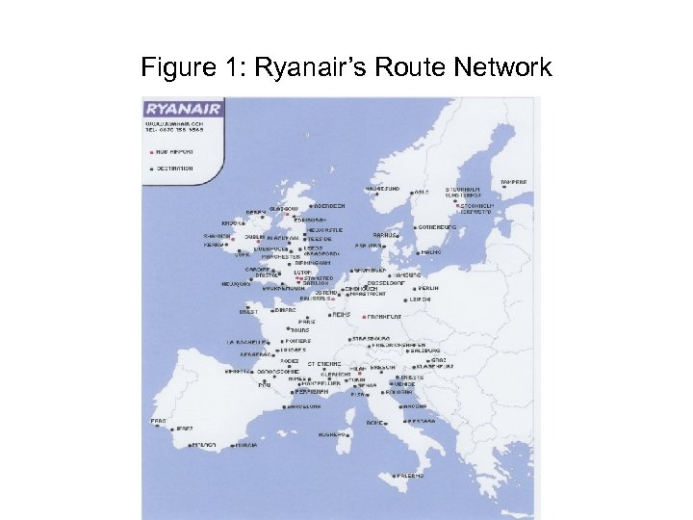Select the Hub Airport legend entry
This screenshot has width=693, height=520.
[x=175, y=151]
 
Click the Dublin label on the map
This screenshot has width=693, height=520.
[x=254, y=236]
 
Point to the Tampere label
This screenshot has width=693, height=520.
[x=514, y=182]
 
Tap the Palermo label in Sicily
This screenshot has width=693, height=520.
[x=409, y=475]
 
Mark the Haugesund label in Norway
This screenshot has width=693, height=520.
[x=382, y=189]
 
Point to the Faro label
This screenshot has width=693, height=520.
[x=158, y=421]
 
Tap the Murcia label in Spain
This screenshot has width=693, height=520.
[x=246, y=445]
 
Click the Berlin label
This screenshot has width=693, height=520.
[x=429, y=288]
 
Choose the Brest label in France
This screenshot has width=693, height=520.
[x=249, y=311]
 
